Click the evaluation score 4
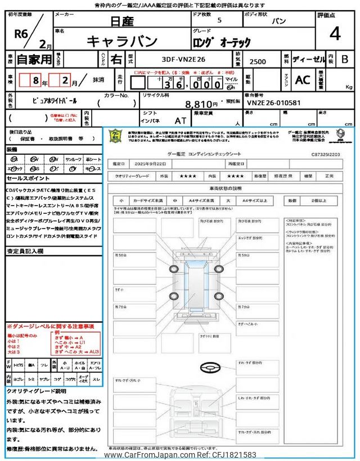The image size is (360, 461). (335, 35)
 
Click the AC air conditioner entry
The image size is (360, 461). (303, 80)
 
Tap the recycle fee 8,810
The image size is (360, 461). (202, 104)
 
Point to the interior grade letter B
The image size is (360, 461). (345, 59)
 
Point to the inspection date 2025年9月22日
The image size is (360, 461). (152, 163)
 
